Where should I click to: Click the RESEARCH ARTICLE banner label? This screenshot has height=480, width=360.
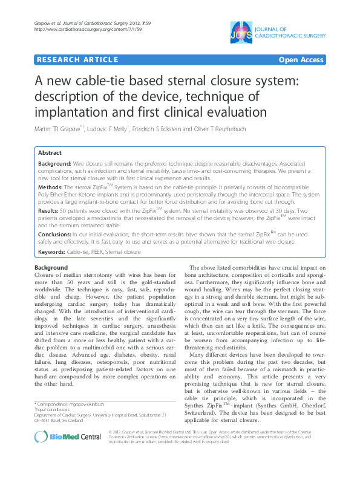pos(77,60)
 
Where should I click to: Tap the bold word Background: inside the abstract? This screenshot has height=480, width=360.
pos(55,164)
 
